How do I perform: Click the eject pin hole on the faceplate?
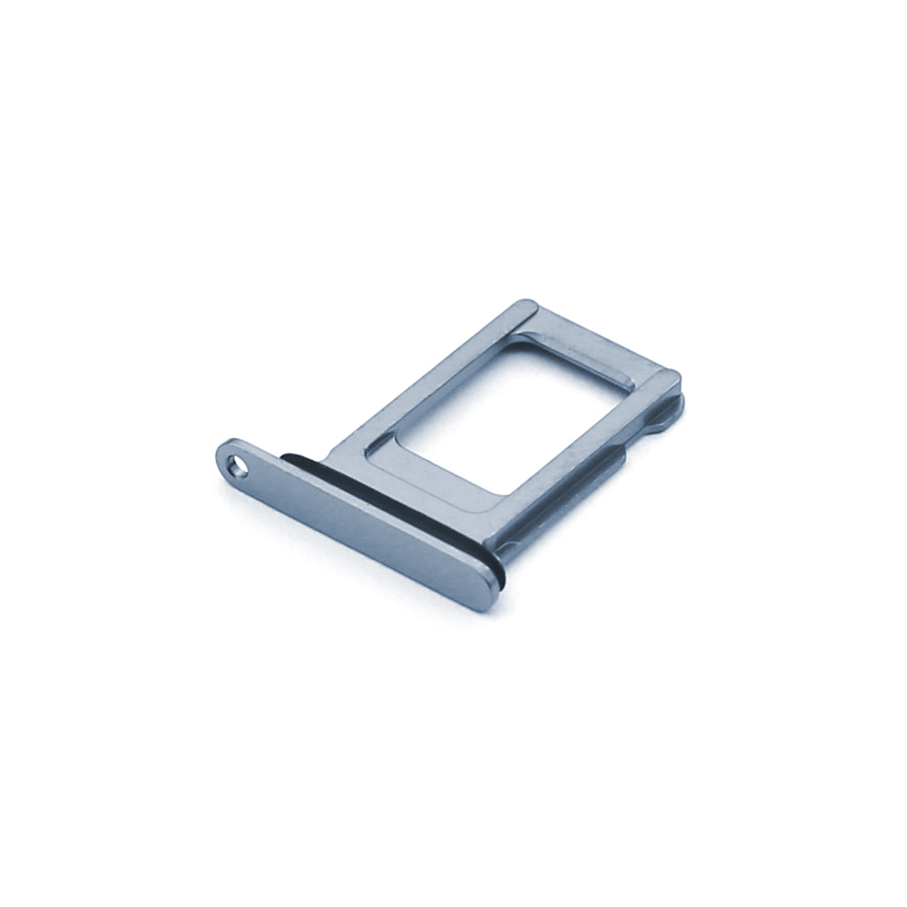238,468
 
